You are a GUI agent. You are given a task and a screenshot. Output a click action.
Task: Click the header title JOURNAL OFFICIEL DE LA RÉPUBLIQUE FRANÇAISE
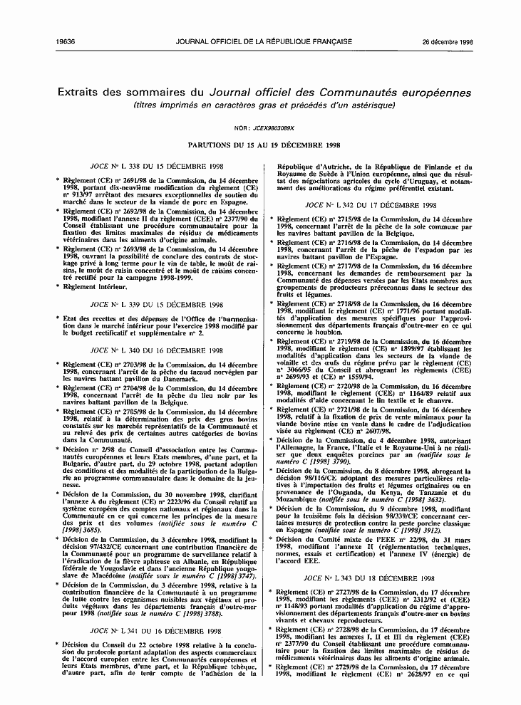(x=261, y=42)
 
